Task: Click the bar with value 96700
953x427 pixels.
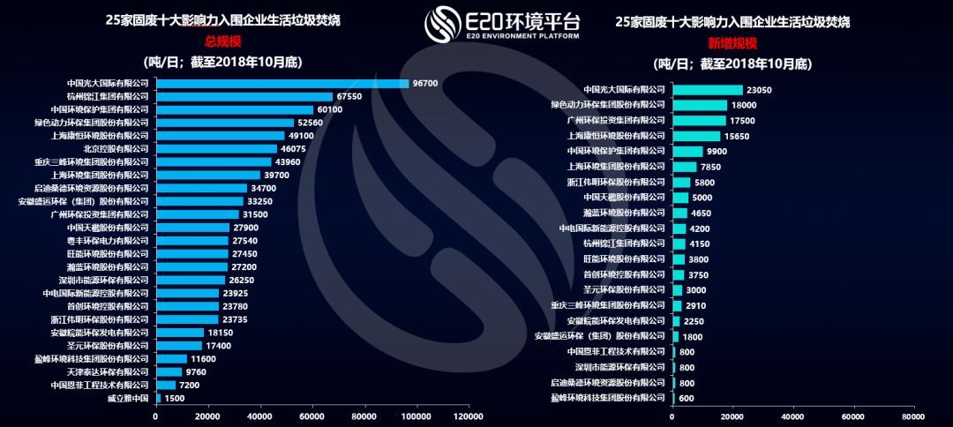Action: click(x=282, y=83)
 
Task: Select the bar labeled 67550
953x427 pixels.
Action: click(x=244, y=96)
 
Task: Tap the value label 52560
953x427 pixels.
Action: click(x=310, y=123)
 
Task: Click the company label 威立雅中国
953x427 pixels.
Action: click(x=128, y=398)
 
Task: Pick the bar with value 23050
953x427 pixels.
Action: click(x=707, y=90)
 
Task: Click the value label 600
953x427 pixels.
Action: click(x=687, y=398)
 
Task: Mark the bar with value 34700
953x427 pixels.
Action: click(x=200, y=188)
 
